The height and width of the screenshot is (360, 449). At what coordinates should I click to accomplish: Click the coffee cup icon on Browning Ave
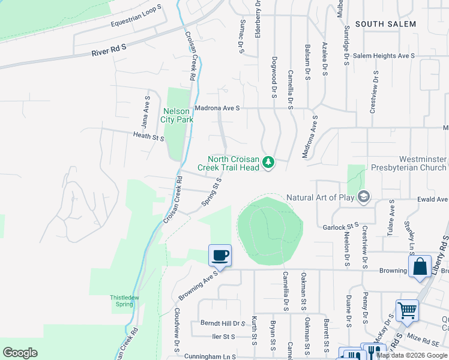(x=220, y=256)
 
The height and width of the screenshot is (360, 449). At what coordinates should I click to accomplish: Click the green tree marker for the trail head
(x=268, y=163)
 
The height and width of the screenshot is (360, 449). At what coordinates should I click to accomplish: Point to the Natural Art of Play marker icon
(x=363, y=197)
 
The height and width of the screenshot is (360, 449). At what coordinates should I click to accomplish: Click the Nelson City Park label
(x=176, y=115)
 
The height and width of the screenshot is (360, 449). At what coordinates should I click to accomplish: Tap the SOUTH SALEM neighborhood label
(x=385, y=24)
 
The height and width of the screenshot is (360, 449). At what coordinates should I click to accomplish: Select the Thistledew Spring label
(x=125, y=300)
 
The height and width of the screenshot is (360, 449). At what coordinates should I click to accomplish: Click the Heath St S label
(x=149, y=137)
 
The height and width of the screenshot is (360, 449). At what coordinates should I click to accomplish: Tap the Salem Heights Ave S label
(x=384, y=55)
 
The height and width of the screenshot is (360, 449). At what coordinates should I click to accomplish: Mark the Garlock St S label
(x=340, y=227)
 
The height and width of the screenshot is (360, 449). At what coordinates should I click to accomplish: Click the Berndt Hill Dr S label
(x=223, y=323)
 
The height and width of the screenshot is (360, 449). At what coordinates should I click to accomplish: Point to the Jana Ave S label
(x=145, y=112)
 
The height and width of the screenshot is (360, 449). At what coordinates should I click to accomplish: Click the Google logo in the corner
(x=20, y=353)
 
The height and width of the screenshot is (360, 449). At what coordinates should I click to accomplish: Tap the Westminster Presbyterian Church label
(x=409, y=163)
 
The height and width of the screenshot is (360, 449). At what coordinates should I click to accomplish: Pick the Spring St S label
(x=211, y=191)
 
